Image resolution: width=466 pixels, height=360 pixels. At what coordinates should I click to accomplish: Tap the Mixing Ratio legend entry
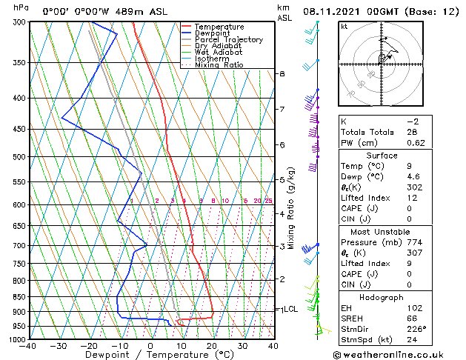219,65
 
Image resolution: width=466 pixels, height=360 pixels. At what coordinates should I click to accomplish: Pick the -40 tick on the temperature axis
29,345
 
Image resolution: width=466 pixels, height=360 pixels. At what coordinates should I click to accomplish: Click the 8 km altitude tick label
282,74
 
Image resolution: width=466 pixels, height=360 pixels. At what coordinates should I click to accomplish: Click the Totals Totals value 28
412,132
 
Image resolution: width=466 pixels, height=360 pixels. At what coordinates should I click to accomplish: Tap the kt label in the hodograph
344,27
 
